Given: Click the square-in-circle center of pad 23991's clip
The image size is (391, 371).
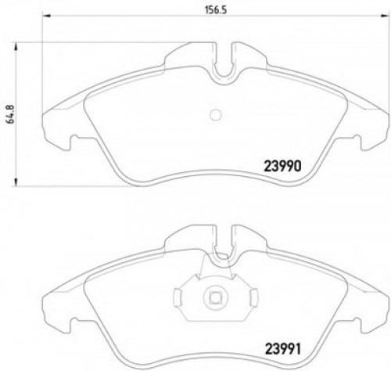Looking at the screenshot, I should pyautogui.click(x=214, y=297).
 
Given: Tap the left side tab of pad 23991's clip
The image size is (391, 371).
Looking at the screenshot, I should pyautogui.click(x=179, y=297).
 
